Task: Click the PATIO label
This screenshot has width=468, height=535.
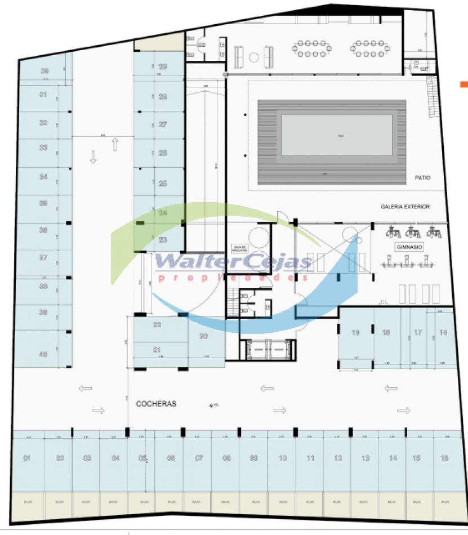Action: (422, 177)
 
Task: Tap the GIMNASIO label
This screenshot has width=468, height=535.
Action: (409, 247)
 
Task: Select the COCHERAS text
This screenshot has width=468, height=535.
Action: (156, 404)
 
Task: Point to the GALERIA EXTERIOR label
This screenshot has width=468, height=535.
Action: (405, 207)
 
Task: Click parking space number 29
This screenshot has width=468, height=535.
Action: (163, 66)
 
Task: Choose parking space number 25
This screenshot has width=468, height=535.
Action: (163, 183)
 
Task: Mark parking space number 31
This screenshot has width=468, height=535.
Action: (43, 94)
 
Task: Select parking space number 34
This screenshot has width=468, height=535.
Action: (43, 176)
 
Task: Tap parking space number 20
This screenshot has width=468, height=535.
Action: (203, 336)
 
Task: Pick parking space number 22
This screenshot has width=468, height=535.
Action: (157, 325)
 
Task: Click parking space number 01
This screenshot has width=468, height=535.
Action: (26, 458)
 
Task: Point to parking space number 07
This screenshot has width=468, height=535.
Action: (199, 458)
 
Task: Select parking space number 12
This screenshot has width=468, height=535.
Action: (337, 458)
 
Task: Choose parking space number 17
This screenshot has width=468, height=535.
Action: (418, 333)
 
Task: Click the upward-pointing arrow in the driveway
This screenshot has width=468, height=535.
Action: (115, 144)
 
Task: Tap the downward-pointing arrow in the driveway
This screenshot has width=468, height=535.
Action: (93, 157)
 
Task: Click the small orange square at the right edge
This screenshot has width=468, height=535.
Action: (464, 84)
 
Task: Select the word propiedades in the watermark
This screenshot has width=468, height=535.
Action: (234, 278)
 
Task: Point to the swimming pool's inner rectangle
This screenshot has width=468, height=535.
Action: (337, 135)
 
